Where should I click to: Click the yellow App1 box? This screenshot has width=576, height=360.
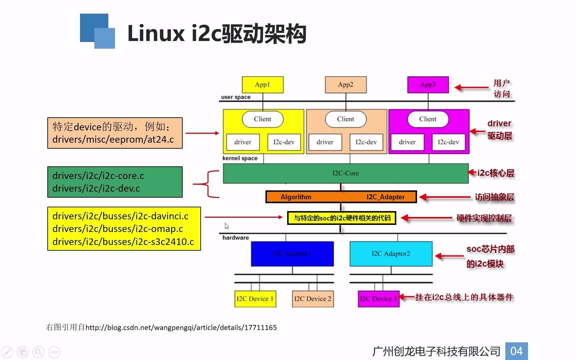(263, 85)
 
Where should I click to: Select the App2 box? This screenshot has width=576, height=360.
(346, 85)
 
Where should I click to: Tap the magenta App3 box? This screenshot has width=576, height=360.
(428, 85)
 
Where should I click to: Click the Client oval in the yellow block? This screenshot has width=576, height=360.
(263, 119)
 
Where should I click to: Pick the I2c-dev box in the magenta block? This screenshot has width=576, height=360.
(448, 142)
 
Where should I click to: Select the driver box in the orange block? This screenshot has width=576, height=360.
(325, 142)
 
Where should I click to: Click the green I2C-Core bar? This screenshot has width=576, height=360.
(345, 173)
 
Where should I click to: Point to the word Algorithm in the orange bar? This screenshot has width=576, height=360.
(296, 197)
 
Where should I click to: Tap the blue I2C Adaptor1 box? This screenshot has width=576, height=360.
(292, 254)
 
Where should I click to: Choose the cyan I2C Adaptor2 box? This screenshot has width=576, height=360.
(391, 254)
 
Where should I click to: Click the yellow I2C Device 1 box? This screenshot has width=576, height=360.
(255, 299)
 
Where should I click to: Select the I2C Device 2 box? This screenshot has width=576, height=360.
(313, 299)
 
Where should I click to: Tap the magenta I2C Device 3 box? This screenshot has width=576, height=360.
(378, 299)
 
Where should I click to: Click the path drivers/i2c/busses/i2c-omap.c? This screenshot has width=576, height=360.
(118, 229)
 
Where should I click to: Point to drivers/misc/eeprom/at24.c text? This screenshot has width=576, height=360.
(113, 139)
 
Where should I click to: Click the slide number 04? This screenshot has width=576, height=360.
(516, 351)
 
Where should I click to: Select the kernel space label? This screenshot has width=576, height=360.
(240, 158)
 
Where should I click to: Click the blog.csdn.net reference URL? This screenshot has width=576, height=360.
(181, 328)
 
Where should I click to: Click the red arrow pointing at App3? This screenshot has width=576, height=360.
(471, 88)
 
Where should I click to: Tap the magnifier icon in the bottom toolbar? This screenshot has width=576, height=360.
(38, 352)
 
